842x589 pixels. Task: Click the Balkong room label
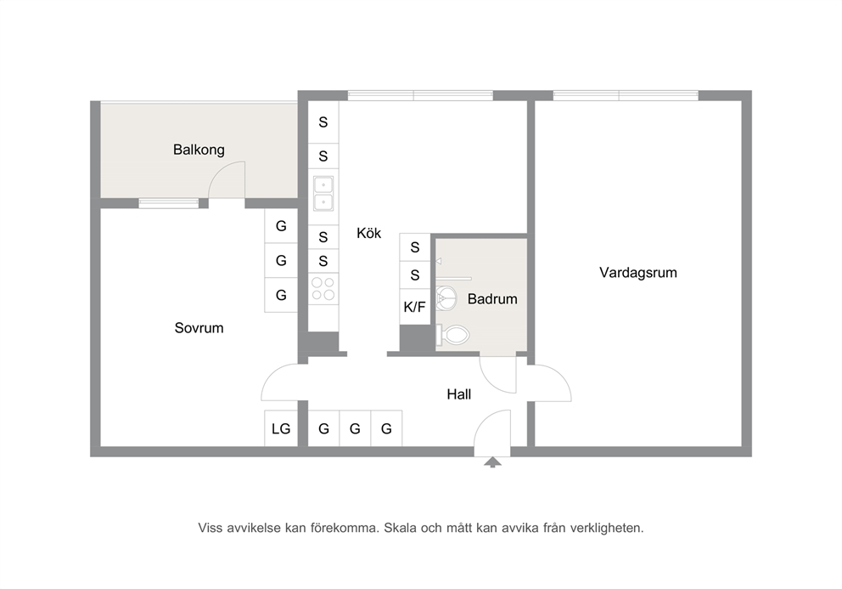point(199,150)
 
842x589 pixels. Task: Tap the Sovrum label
point(199,327)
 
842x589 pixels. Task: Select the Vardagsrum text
point(638,273)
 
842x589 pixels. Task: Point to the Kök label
point(369,233)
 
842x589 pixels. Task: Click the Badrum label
point(492,299)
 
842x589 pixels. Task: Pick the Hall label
point(458,394)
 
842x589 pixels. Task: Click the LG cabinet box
point(281,428)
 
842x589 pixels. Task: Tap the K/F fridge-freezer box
point(414,307)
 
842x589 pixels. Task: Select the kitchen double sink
point(323,194)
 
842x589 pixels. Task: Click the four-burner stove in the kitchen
point(323,288)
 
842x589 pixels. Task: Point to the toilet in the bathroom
point(452,335)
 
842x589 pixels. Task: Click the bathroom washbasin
point(446,298)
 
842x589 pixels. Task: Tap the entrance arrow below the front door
point(492,462)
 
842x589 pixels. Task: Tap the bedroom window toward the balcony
point(169,203)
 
